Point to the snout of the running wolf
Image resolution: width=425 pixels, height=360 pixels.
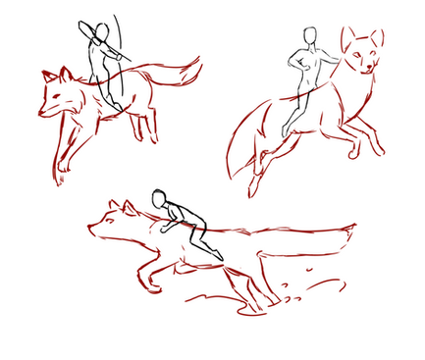click(x=92, y=233)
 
